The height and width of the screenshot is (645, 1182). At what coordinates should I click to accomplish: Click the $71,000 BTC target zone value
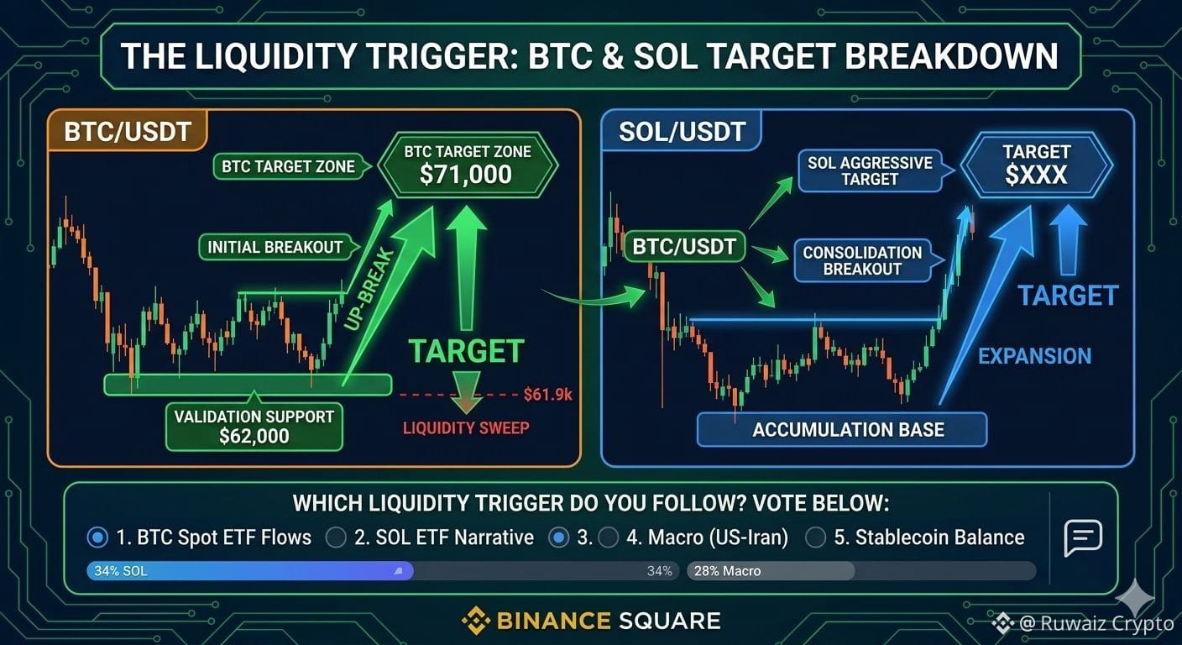tap(465, 175)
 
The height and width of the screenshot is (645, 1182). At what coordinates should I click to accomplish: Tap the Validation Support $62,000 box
tap(254, 427)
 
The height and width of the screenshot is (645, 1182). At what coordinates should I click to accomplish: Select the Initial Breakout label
tap(275, 247)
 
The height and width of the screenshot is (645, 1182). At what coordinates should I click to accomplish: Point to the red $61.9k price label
tap(547, 394)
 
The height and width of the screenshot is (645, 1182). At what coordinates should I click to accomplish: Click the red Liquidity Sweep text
tap(466, 427)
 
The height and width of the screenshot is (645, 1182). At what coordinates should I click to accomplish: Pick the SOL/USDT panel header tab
tap(682, 131)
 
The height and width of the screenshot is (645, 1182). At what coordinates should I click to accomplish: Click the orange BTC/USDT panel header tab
tap(127, 131)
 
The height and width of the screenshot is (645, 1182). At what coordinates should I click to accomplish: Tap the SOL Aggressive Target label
tap(870, 170)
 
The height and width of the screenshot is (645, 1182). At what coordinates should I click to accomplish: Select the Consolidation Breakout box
tap(862, 260)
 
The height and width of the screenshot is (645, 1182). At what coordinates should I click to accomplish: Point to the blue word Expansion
tap(1035, 356)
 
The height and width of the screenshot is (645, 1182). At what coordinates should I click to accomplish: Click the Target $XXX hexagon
tap(1037, 165)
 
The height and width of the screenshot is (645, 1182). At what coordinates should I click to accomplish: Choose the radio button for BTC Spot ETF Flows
tap(97, 537)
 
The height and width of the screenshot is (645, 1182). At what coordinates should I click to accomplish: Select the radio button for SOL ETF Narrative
tap(336, 537)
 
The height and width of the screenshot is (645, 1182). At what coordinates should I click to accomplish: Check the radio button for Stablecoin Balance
tap(815, 537)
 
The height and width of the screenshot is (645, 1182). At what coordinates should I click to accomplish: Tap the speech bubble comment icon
tap(1083, 537)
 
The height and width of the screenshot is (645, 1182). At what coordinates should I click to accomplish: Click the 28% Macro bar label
tap(727, 570)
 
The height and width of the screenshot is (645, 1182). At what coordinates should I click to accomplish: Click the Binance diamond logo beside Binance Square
tap(476, 621)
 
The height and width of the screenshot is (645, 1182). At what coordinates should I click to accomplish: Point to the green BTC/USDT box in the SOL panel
tap(684, 246)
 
